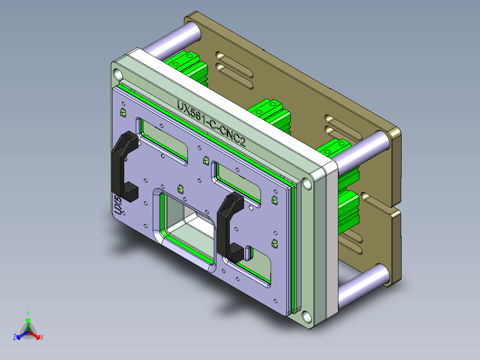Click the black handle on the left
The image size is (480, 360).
tap(122, 165)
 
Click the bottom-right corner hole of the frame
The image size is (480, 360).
tap(307, 317)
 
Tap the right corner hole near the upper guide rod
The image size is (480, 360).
tap(307, 183)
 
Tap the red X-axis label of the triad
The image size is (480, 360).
tap(42, 338)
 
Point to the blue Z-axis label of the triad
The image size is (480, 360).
tap(15, 338)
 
